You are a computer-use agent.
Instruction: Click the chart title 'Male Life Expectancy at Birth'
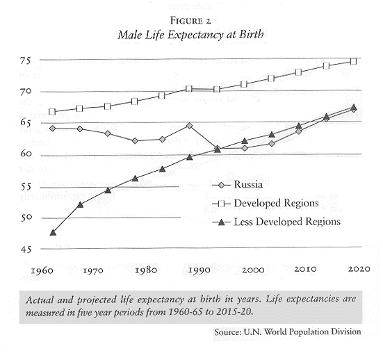[x=190, y=35]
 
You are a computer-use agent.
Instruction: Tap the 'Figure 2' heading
[x=190, y=21]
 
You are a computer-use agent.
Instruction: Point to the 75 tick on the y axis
[x=26, y=60]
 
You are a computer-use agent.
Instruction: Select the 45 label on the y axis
[x=26, y=249]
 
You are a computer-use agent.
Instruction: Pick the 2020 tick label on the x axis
[x=359, y=269]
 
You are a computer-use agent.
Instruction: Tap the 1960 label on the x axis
[x=42, y=271]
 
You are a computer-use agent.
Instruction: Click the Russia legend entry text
[x=248, y=184]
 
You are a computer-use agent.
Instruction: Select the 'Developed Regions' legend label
[x=276, y=203]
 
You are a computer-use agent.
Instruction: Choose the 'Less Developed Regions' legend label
[x=287, y=222]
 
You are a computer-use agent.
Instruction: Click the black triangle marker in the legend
[x=221, y=222]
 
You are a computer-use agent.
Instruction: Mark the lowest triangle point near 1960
[x=53, y=232]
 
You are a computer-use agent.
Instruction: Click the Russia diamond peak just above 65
[x=189, y=126]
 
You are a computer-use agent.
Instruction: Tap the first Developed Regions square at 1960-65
[x=52, y=112]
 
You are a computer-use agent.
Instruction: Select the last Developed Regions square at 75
[x=353, y=61]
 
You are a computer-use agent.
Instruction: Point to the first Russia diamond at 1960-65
[x=52, y=128]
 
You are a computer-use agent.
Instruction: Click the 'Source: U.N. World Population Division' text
[x=288, y=332]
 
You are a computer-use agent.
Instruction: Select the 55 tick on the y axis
[x=26, y=187]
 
